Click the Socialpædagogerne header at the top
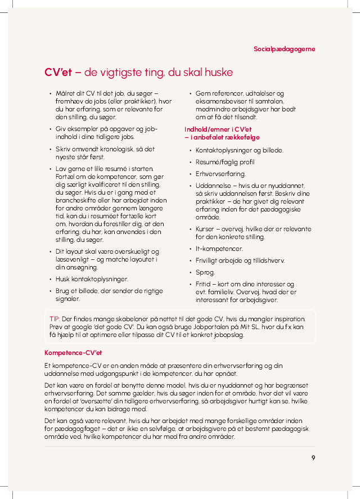[284, 49]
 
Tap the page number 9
[313, 457]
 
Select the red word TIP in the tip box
[55, 318]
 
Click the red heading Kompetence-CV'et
[73, 353]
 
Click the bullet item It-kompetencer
[219, 248]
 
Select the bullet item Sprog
[205, 272]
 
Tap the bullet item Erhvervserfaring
[220, 174]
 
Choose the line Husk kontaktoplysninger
[92, 278]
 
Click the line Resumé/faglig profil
[224, 162]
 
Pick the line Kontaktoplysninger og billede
[239, 150]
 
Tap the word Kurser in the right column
[206, 229]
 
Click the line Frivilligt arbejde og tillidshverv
[240, 260]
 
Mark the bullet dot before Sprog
[191, 272]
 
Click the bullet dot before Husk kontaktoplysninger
[51, 278]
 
